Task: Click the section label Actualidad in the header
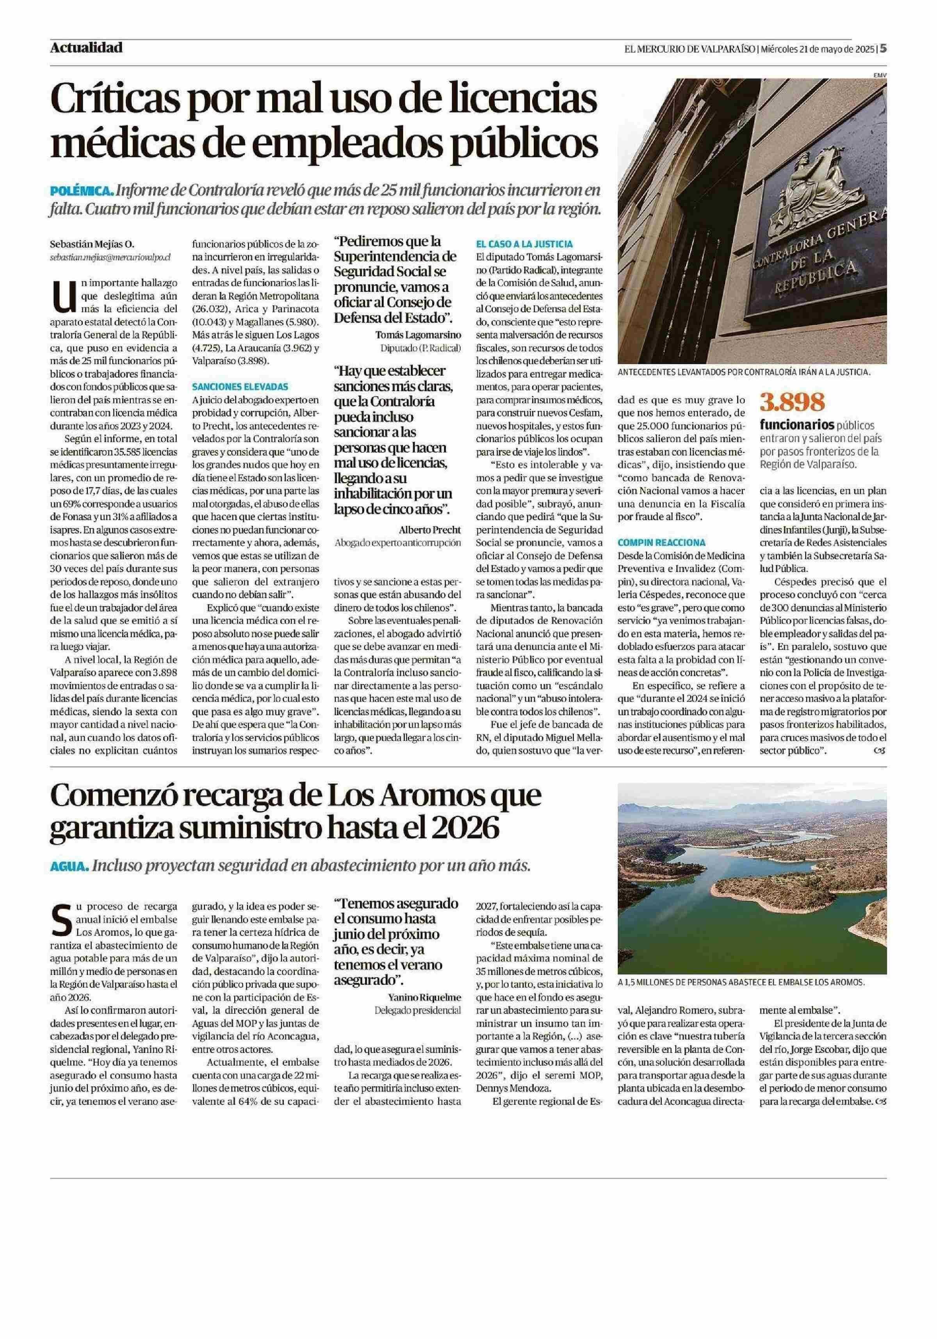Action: [86, 48]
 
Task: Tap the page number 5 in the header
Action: [883, 48]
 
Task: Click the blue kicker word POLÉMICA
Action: [81, 191]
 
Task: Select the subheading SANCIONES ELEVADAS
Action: [240, 386]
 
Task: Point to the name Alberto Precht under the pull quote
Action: [430, 529]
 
